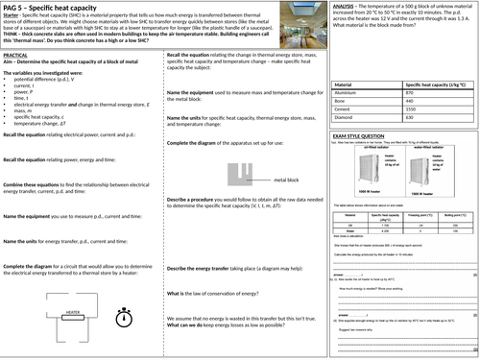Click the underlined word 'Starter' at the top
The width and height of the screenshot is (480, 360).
[x=12, y=18]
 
